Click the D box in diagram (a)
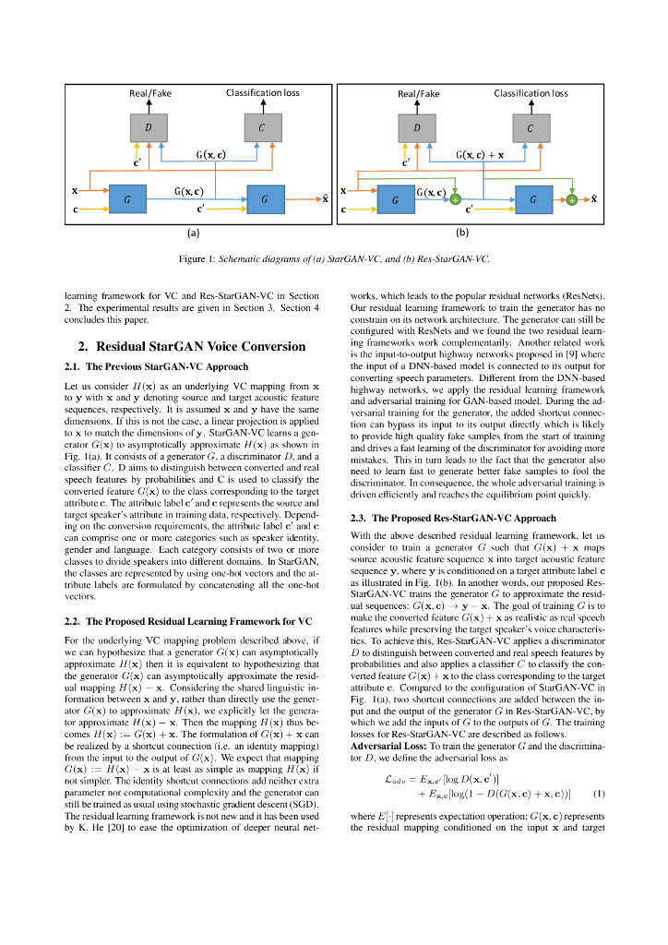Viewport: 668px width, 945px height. coord(149,129)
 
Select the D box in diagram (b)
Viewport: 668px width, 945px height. coord(418,129)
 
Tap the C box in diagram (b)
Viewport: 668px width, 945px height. coord(531,129)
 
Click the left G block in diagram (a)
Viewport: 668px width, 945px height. coord(127,199)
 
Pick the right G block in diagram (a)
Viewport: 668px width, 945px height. coord(265,199)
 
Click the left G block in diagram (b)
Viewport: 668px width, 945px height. coord(395,199)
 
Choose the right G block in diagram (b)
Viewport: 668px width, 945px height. coord(532,199)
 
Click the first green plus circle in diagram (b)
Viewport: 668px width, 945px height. coord(455,199)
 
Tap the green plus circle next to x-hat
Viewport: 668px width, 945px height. coord(572,199)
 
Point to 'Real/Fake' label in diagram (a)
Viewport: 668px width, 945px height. coord(150,93)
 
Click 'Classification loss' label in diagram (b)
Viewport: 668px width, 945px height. coord(531,93)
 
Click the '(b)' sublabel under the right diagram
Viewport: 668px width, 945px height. coord(462,233)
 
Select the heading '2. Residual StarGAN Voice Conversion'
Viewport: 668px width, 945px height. coord(191,347)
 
